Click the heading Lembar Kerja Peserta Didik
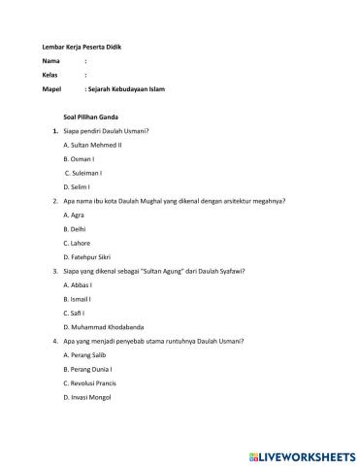click(82, 48)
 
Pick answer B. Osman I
click(79, 157)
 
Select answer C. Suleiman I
click(82, 172)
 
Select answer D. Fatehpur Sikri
click(88, 255)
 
